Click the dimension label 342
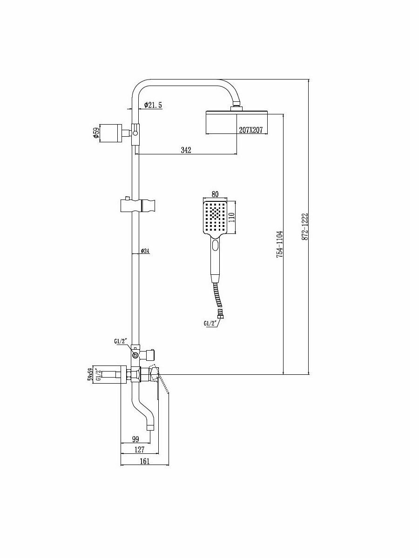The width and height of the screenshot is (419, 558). coord(186,150)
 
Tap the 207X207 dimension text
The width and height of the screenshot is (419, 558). coord(252,131)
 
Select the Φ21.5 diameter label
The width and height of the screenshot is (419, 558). coord(153,106)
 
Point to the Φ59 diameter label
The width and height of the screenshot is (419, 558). coord(96,133)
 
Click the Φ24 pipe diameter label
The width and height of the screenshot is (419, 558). coord(145,251)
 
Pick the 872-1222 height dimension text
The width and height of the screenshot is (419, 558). coord(305,227)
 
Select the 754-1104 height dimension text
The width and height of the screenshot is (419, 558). coord(279,244)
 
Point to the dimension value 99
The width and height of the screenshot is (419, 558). coord(135,439)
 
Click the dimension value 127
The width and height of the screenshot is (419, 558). coord(139,450)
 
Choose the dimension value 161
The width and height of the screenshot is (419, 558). coord(144,461)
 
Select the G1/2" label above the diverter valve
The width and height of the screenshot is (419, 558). coord(121,342)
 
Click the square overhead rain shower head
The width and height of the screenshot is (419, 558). coord(237,122)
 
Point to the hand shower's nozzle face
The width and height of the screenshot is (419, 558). coord(215,217)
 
